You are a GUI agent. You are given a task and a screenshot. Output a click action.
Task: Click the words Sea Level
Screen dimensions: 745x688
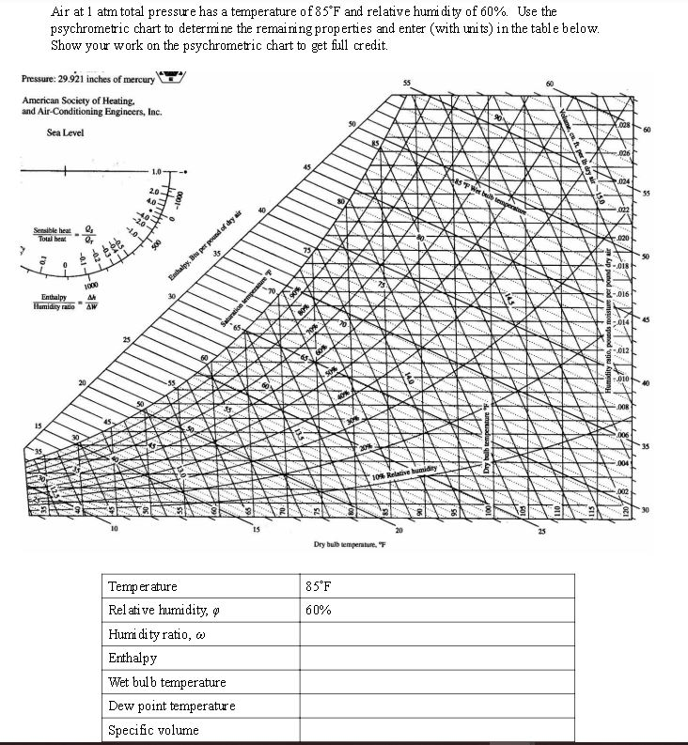pyautogui.click(x=65, y=132)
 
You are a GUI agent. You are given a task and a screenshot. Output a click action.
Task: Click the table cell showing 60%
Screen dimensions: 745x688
pyautogui.click(x=319, y=610)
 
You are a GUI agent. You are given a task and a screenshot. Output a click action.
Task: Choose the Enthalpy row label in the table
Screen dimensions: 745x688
pyautogui.click(x=133, y=658)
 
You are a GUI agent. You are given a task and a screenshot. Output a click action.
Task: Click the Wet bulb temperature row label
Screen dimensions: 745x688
pyautogui.click(x=167, y=682)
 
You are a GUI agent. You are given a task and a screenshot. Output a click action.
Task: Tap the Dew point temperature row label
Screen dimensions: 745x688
pyautogui.click(x=172, y=706)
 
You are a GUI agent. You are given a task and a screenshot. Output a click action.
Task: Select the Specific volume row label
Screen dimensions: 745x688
pyautogui.click(x=153, y=729)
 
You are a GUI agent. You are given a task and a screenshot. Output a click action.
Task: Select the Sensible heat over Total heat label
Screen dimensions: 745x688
pyautogui.click(x=53, y=235)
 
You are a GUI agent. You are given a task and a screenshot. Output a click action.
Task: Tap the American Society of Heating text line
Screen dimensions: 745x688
pyautogui.click(x=79, y=101)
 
